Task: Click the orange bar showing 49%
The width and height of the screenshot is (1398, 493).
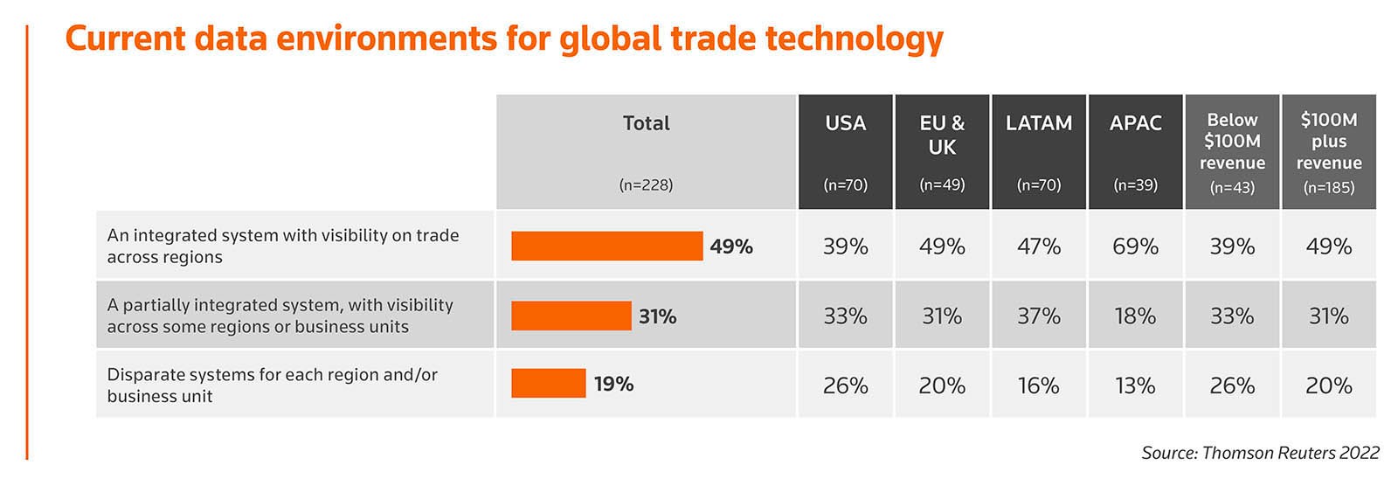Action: click(606, 246)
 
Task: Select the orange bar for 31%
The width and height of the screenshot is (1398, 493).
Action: click(571, 316)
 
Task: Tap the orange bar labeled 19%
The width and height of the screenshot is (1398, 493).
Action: click(548, 384)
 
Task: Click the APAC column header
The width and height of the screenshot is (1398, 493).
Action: click(1135, 123)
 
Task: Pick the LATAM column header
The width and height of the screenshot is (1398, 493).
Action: click(1038, 123)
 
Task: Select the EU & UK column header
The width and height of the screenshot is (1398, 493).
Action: click(942, 135)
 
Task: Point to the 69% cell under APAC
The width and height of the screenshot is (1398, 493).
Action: click(1135, 246)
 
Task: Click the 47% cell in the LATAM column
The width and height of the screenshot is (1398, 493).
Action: click(1038, 246)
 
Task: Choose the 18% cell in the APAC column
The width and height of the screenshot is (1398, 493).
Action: click(1135, 316)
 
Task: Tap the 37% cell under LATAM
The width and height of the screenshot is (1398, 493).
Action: click(1038, 316)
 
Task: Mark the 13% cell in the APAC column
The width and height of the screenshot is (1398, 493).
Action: click(1135, 385)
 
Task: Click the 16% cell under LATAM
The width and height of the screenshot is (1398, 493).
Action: click(1038, 385)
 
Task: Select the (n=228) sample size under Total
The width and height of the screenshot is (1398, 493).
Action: click(646, 184)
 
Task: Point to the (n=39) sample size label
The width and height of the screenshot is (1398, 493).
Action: click(1135, 184)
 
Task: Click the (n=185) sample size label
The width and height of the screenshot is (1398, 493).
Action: click(1328, 187)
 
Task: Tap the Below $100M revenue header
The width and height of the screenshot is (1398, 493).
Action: click(1232, 141)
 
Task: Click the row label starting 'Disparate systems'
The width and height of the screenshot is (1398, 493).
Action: click(272, 385)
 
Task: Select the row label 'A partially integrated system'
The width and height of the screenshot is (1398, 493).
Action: click(280, 316)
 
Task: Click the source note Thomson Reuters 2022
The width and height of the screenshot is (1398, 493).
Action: click(1259, 453)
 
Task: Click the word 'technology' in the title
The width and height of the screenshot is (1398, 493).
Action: click(854, 39)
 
